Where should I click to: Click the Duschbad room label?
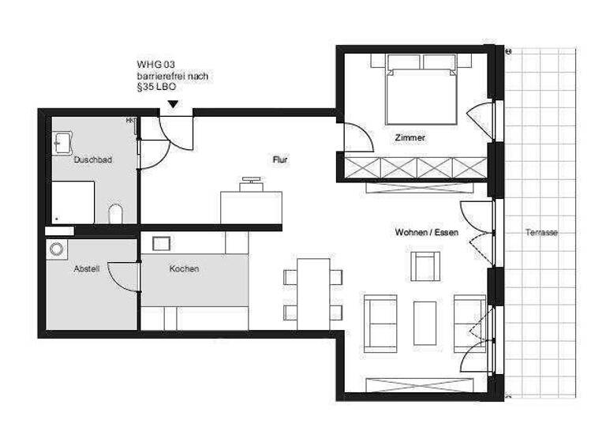click(92, 159)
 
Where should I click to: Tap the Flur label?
click(280, 159)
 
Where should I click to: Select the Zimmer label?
click(410, 137)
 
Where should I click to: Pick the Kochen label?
click(184, 268)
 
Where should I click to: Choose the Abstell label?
click(86, 268)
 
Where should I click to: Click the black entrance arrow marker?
click(173, 104)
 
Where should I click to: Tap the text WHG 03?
click(155, 65)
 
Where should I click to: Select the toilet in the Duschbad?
click(116, 214)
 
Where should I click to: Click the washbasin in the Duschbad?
click(62, 143)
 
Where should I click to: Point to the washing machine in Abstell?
click(57, 249)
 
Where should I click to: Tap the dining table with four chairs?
click(313, 292)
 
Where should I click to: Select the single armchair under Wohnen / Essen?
click(426, 267)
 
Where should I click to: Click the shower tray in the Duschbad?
click(73, 202)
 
